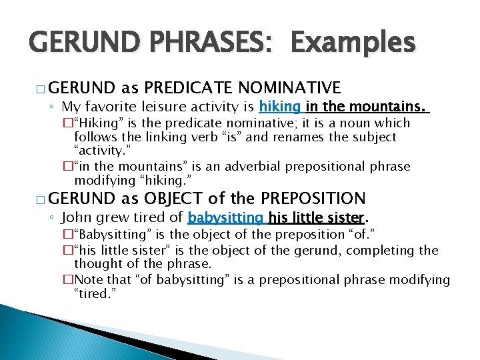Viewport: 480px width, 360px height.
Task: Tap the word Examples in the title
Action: [x=353, y=44]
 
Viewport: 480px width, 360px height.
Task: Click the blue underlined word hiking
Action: [x=281, y=106]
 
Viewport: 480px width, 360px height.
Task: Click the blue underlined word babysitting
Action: [x=226, y=217]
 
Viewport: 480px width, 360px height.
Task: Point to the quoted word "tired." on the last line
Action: [x=94, y=295]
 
